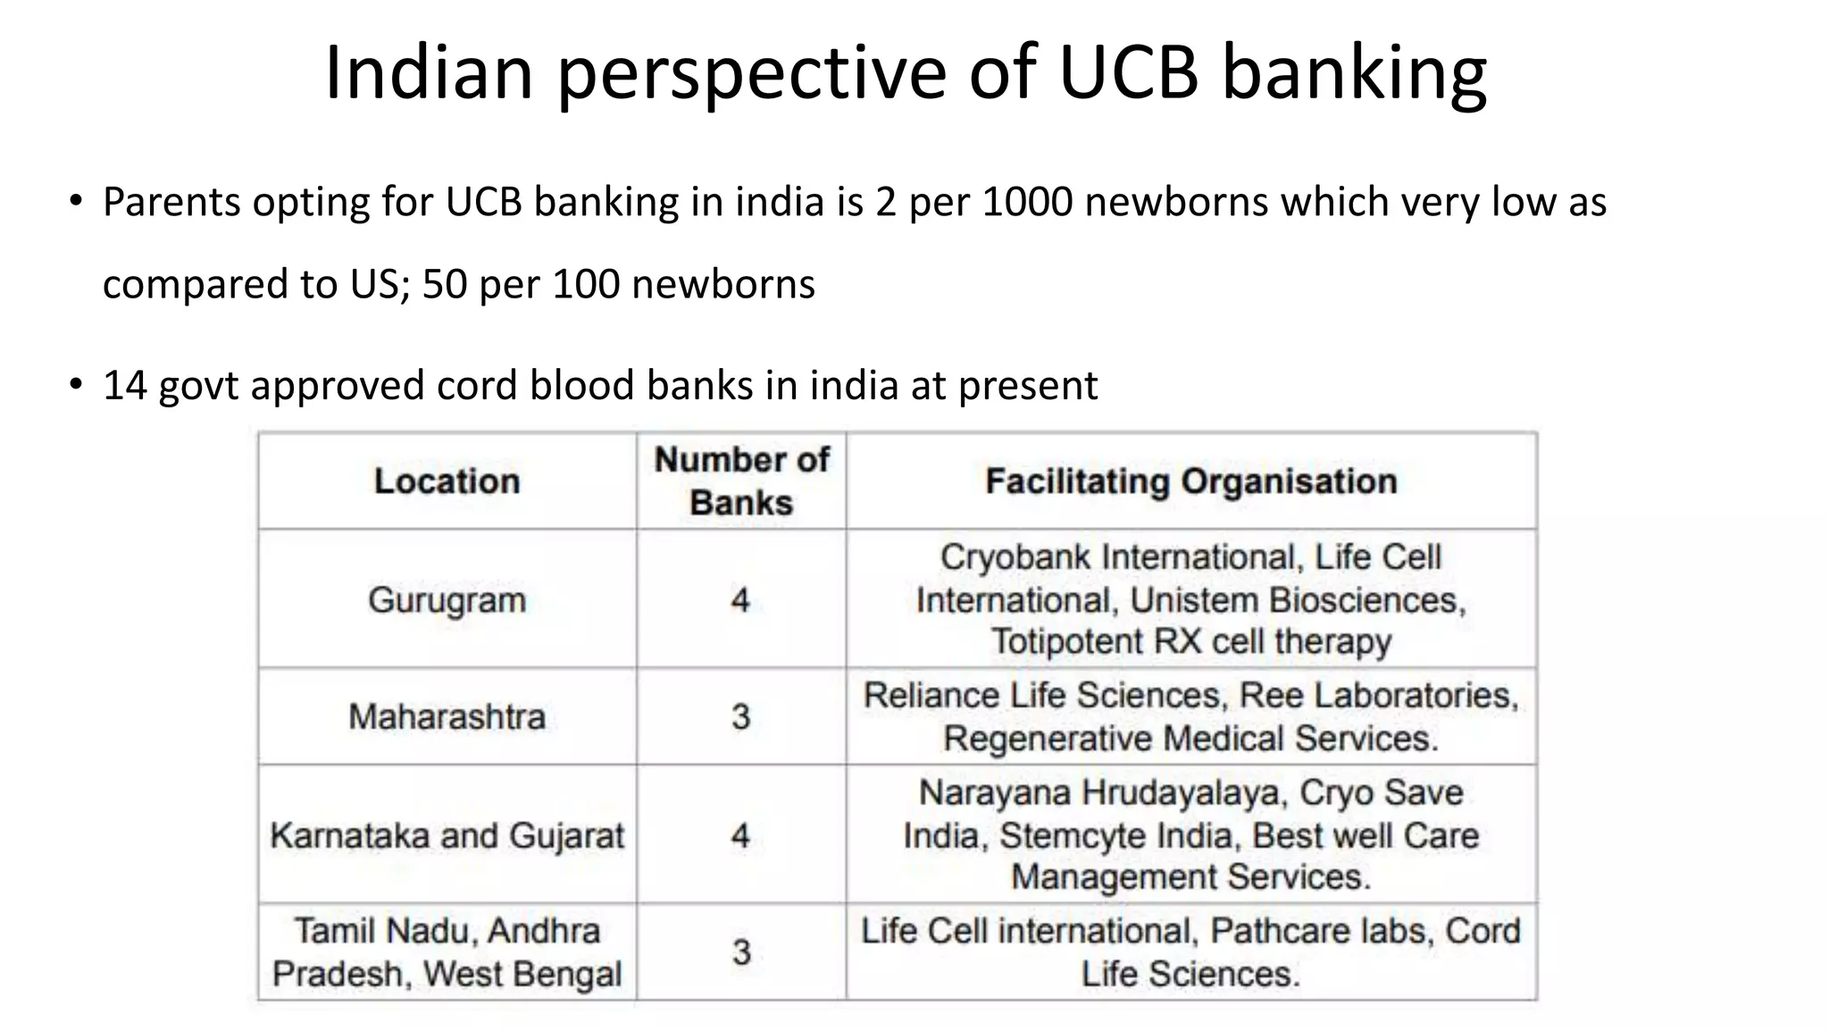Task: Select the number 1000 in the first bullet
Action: click(1027, 202)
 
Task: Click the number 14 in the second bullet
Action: click(125, 386)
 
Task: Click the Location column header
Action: click(447, 481)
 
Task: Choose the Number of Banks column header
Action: click(741, 481)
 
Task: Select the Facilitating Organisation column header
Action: click(1191, 481)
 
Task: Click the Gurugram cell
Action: click(447, 599)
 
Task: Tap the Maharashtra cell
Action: click(447, 716)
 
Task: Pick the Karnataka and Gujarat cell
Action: click(447, 836)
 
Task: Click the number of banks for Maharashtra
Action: click(741, 716)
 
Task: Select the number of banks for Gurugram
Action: click(740, 599)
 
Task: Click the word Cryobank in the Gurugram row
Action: click(1015, 557)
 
